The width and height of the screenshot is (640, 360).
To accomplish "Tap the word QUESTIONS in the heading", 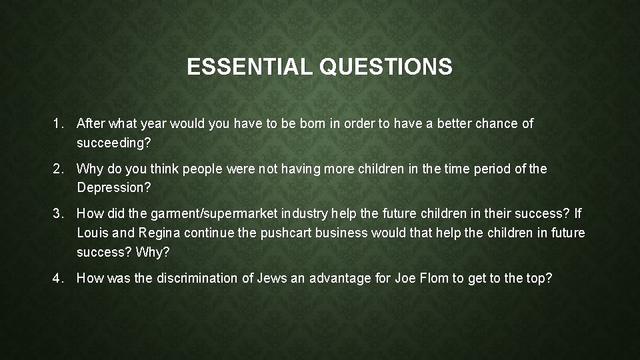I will pos(386,67).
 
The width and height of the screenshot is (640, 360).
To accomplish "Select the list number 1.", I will pos(58,123).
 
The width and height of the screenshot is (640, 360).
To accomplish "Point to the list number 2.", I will pos(58,169).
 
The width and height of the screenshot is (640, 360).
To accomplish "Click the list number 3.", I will pos(58,214).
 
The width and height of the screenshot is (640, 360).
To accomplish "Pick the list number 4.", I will pos(58,278).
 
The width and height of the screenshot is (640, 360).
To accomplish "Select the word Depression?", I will pos(114,188).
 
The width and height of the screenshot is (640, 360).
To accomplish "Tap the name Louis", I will pos(93,233).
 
